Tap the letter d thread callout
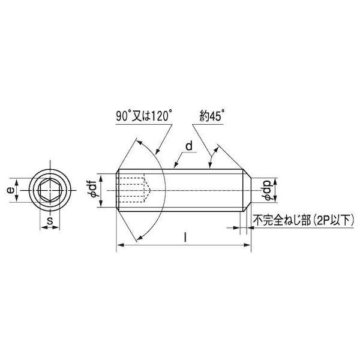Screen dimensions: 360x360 point(188,146)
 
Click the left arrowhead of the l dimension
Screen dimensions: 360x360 point(118,245)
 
